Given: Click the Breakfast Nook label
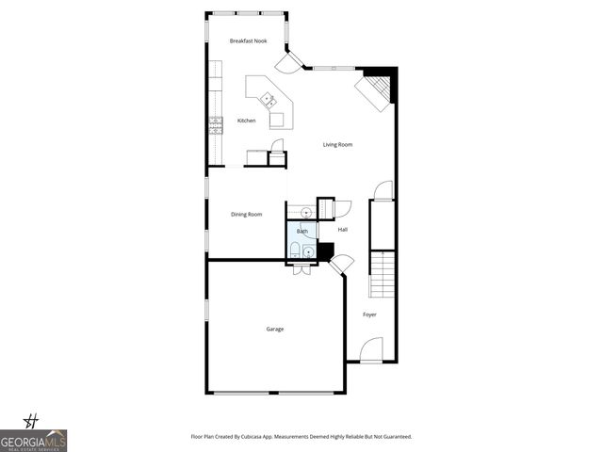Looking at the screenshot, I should pos(248,41).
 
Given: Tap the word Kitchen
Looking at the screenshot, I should pos(246,121).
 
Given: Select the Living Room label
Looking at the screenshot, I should pos(337,144).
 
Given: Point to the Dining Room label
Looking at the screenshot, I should pos(246,215).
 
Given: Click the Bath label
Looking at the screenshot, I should pos(302,231).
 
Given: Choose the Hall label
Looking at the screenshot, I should pos(343,229).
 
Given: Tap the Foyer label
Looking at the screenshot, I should pos(369,315).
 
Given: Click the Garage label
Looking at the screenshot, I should pos(274,329).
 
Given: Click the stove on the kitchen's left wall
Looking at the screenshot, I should pos(216,125).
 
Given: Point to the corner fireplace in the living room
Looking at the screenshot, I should pos(372,92).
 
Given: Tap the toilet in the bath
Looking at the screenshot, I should pos(294,250).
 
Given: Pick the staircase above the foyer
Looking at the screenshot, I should pos(382,274).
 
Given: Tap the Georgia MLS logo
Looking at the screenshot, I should pos(33,440).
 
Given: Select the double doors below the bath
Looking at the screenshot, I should pos(302,268).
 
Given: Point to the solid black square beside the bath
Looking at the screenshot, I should pos(326,251).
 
